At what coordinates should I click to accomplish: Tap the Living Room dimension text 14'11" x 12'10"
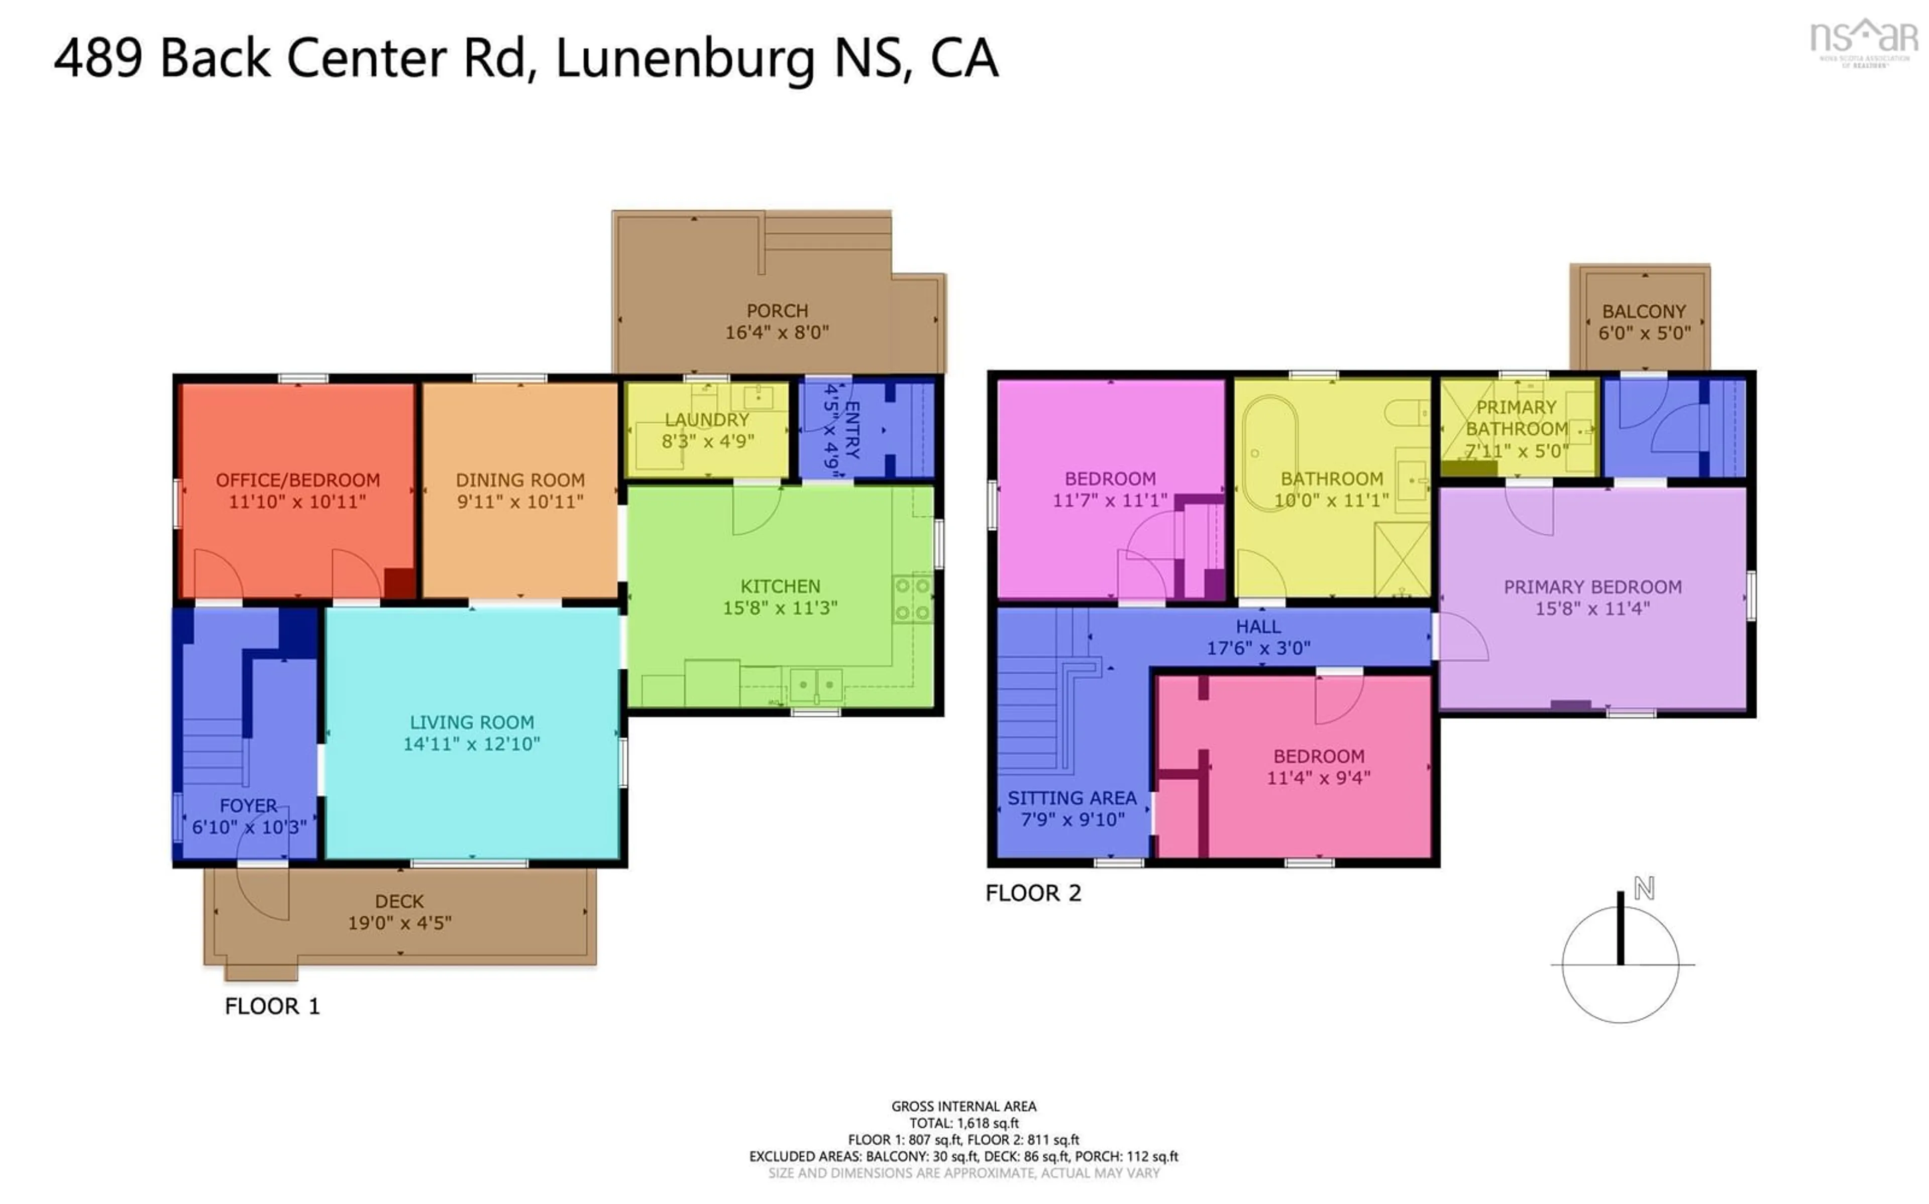coord(472,744)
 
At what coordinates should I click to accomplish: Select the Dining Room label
coord(520,480)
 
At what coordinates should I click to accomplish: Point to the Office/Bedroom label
coord(298,480)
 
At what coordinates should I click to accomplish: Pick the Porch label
coord(777,311)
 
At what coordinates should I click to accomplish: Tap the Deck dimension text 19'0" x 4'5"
coord(400,923)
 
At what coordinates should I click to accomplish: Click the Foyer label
coord(249,806)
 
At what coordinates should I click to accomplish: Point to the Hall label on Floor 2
coord(1258,627)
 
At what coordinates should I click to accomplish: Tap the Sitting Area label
coord(1072,798)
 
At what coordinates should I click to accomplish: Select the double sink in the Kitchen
coord(816,684)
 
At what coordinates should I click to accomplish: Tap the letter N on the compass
coord(1644,888)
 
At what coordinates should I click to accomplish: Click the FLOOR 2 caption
coord(1033,893)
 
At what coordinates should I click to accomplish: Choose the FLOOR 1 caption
coord(272,1007)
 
